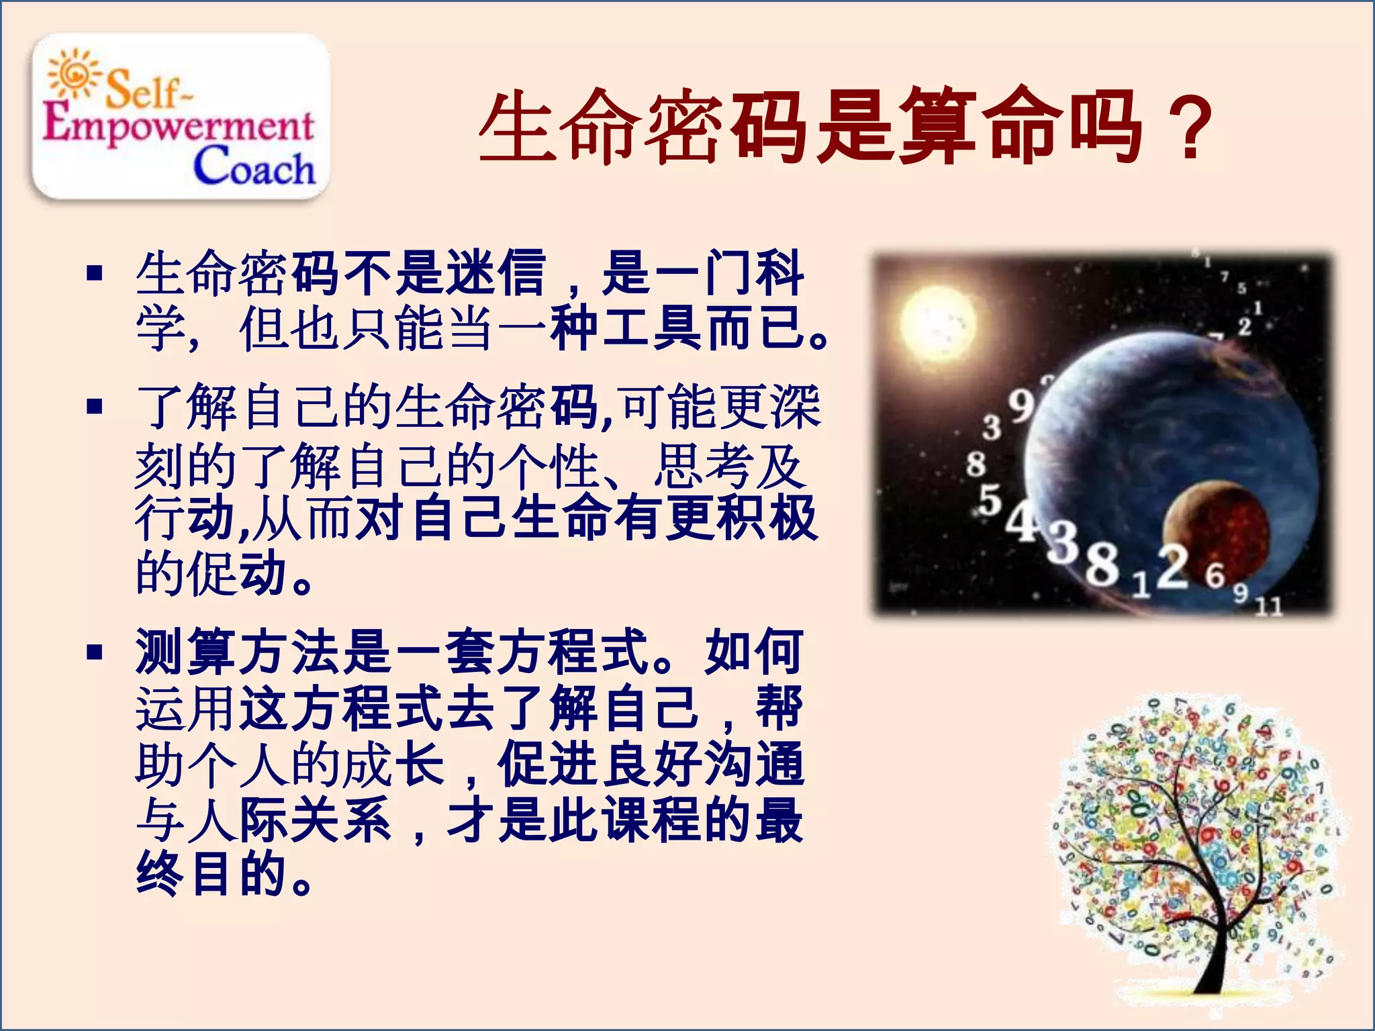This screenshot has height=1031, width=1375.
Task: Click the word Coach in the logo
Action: tap(254, 166)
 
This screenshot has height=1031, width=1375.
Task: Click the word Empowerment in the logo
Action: tap(178, 124)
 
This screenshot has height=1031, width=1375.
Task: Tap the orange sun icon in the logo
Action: tap(74, 72)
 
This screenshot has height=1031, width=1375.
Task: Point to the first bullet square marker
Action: tap(95, 273)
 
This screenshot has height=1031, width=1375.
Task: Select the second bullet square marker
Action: tap(95, 407)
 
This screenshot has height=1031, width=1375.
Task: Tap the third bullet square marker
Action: tap(95, 652)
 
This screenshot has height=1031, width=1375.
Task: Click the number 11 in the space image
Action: tap(1268, 607)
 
